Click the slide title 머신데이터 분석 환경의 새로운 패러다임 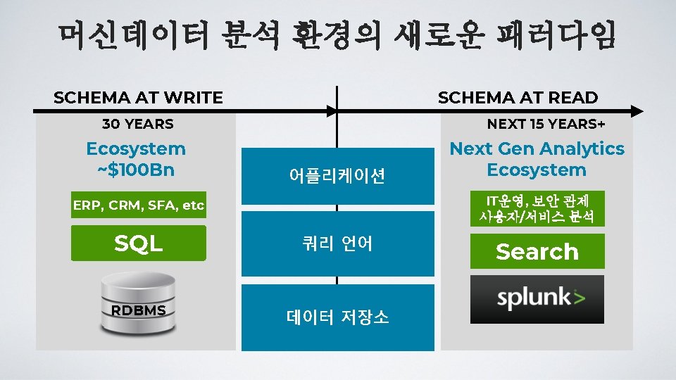(337, 36)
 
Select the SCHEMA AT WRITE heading (138, 98)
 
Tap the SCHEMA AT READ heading (518, 98)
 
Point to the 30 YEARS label (138, 125)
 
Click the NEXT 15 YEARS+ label (546, 125)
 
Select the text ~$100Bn (136, 170)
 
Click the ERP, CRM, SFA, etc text (139, 205)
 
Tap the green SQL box (139, 243)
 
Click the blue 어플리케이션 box (337, 176)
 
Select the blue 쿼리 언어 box (337, 243)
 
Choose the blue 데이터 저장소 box (337, 317)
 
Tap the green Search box (537, 251)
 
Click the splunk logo (537, 299)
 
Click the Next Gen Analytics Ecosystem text (537, 159)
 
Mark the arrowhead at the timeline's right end (637, 111)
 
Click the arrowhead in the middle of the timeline (332, 111)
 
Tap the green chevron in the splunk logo (579, 296)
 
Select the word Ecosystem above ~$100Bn (136, 149)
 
